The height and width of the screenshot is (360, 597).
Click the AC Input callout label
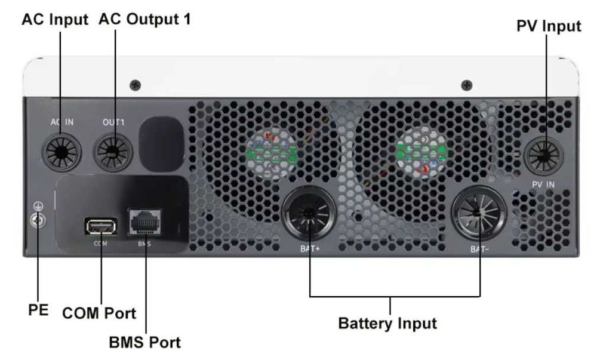pyautogui.click(x=55, y=20)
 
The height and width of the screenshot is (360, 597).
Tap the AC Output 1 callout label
pyautogui.click(x=144, y=19)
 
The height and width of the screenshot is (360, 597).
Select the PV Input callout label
pyautogui.click(x=549, y=26)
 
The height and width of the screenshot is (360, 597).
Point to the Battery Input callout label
pyautogui.click(x=387, y=324)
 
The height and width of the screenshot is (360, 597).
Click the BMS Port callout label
pyautogui.click(x=144, y=342)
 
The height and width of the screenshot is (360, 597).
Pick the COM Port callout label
pyautogui.click(x=99, y=313)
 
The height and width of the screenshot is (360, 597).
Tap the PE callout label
pyautogui.click(x=38, y=310)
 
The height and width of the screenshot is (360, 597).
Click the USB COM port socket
pyautogui.click(x=100, y=227)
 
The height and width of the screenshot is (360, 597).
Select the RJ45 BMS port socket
pyautogui.click(x=144, y=222)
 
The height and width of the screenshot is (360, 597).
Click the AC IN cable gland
pyautogui.click(x=61, y=152)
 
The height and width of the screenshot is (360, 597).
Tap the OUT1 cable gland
pyautogui.click(x=113, y=152)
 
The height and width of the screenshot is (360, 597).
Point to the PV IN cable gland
pyautogui.click(x=544, y=155)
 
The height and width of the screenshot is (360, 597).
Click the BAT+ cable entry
pyautogui.click(x=309, y=214)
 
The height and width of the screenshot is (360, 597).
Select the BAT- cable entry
pyautogui.click(x=479, y=214)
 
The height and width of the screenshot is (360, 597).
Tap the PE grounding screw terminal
pyautogui.click(x=38, y=220)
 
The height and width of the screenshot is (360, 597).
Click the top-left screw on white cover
pyautogui.click(x=135, y=85)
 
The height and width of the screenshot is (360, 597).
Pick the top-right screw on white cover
pyautogui.click(x=467, y=85)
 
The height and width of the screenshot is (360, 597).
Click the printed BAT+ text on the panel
pyautogui.click(x=310, y=249)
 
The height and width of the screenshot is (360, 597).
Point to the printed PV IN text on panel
pyautogui.click(x=543, y=184)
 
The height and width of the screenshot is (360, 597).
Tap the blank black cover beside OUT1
pyautogui.click(x=161, y=144)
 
